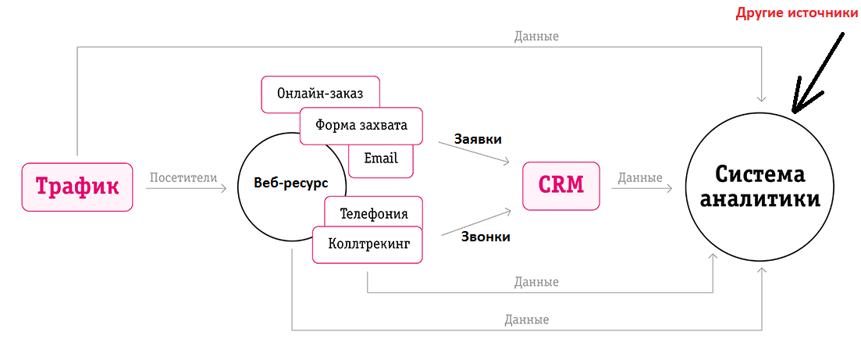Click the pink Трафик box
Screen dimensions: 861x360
point(76,187)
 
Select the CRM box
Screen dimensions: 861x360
point(560,186)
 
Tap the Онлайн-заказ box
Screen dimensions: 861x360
point(320,94)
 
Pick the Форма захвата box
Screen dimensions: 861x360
point(361,125)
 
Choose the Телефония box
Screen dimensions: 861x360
point(374,212)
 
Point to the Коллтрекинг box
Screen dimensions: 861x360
point(368,244)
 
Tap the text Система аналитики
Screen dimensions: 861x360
point(760,187)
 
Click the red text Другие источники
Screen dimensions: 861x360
point(795,12)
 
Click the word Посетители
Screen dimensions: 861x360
point(183,178)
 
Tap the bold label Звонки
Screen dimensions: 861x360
point(486,237)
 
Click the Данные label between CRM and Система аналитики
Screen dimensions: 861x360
point(640,178)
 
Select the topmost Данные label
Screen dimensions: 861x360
point(536,37)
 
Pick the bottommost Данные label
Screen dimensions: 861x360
point(527,320)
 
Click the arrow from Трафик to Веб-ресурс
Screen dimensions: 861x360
point(187,188)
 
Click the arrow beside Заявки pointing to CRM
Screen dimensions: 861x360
point(475,152)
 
